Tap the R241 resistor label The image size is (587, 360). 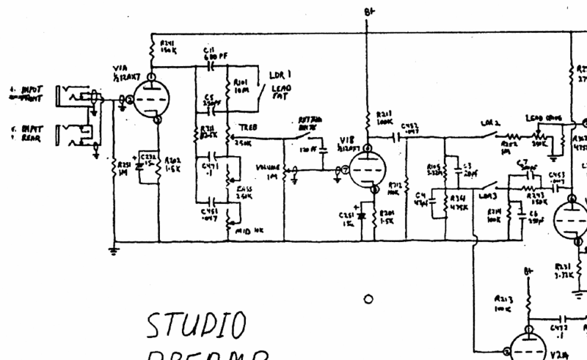[x=168, y=48]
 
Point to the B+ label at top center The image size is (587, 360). [x=367, y=12]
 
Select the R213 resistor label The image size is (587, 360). [x=503, y=304]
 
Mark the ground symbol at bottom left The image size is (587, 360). [x=114, y=251]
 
